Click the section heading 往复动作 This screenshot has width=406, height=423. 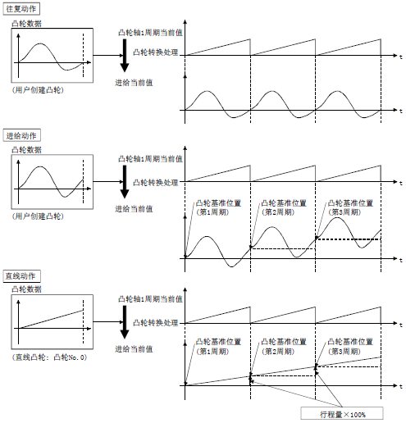21,8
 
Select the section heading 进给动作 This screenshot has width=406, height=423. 21,136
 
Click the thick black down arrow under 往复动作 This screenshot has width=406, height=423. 125,57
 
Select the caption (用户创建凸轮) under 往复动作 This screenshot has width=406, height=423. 38,89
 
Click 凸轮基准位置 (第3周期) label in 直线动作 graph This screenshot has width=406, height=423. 350,346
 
